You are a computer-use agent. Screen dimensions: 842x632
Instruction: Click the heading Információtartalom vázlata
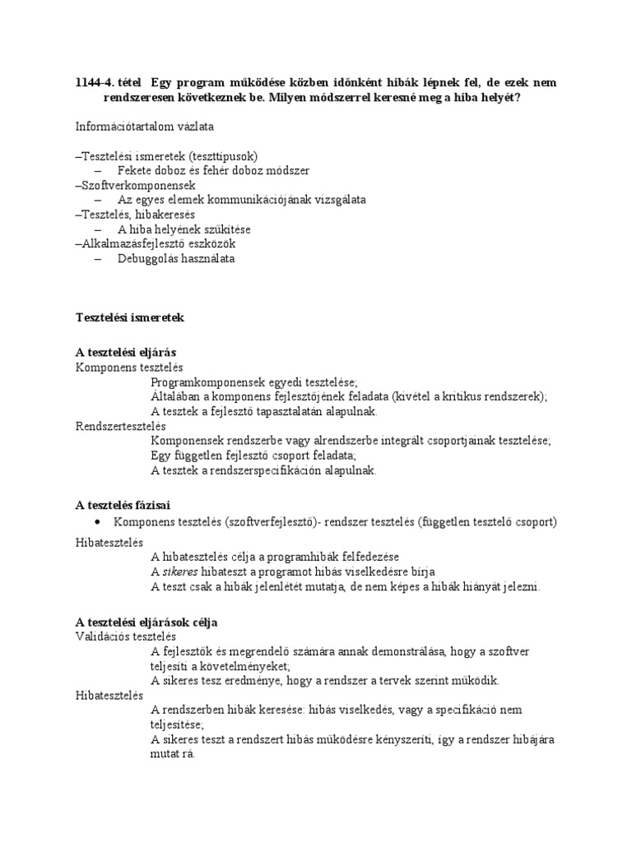144,127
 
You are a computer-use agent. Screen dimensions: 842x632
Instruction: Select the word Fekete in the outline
135,170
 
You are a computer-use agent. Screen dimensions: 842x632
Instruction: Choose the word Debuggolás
146,259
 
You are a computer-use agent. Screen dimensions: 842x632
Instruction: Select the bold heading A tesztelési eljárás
126,352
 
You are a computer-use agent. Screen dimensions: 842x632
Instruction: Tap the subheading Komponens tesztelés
129,367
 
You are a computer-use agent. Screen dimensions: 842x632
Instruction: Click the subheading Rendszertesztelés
121,426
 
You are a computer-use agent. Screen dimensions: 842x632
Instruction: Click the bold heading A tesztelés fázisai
123,504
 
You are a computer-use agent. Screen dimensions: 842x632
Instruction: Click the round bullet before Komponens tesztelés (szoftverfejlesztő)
99,521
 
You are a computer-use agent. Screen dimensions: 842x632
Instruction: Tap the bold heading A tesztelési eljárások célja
146,622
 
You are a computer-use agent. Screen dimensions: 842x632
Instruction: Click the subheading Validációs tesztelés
126,636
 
